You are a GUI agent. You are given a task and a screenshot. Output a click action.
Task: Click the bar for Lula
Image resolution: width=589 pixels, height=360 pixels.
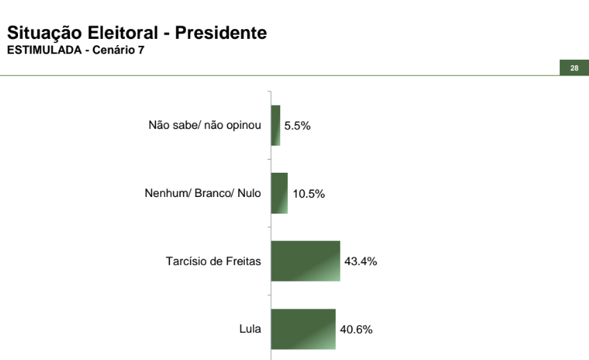pyautogui.click(x=303, y=329)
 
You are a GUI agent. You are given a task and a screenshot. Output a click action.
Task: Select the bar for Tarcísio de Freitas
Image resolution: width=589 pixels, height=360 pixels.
pyautogui.click(x=305, y=261)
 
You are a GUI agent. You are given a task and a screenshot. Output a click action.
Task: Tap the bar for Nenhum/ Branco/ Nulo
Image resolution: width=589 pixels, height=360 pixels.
pyautogui.click(x=279, y=193)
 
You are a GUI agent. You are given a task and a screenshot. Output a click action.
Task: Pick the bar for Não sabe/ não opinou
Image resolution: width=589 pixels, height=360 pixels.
pyautogui.click(x=275, y=126)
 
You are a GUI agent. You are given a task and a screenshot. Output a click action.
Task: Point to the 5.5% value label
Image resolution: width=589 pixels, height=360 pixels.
pyautogui.click(x=298, y=126)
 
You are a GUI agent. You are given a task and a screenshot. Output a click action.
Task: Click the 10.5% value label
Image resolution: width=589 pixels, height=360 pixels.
pyautogui.click(x=308, y=194)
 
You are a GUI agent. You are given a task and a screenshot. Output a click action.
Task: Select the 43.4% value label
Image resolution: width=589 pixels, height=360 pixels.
pyautogui.click(x=361, y=262)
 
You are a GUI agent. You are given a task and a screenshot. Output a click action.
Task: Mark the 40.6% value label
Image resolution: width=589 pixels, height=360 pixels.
pyautogui.click(x=356, y=329)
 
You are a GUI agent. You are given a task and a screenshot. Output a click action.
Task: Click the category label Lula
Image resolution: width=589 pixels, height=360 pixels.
pyautogui.click(x=250, y=329)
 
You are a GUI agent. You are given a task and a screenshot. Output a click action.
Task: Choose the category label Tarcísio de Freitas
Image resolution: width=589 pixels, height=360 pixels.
pyautogui.click(x=214, y=262)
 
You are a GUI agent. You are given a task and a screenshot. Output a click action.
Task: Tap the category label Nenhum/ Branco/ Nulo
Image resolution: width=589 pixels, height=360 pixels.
pyautogui.click(x=198, y=194)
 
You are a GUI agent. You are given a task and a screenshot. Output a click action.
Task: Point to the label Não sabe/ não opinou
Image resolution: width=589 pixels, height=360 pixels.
pyautogui.click(x=205, y=126)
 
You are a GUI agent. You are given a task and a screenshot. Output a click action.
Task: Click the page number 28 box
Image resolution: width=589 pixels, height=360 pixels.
pyautogui.click(x=574, y=68)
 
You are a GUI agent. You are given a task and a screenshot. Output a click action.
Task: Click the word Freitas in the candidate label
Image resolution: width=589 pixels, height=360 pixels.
pyautogui.click(x=244, y=262)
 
